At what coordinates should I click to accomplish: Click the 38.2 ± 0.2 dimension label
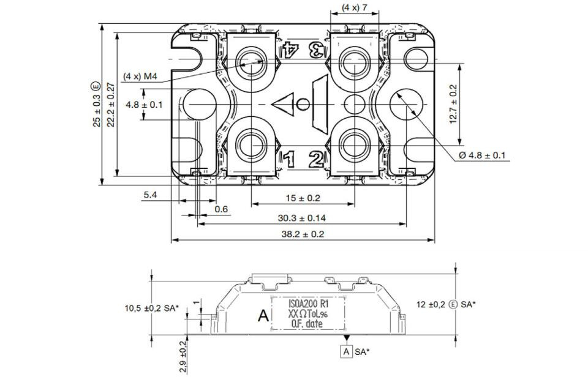(x=302, y=234)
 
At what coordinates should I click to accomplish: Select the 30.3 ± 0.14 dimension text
(x=302, y=218)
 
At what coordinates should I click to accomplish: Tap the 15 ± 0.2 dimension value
(x=303, y=198)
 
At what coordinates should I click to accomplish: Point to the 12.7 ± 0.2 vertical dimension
(x=453, y=104)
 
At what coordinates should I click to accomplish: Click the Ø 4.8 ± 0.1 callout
(x=481, y=155)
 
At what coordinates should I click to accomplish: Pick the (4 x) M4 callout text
(x=140, y=77)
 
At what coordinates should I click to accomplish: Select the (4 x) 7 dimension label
(x=355, y=7)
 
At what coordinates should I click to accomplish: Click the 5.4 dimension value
(x=151, y=195)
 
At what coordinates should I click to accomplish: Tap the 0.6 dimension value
(x=221, y=209)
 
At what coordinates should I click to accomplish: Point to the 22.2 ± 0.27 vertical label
(x=111, y=105)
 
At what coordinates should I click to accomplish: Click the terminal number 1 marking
(x=288, y=159)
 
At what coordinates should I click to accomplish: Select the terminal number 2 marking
(x=316, y=159)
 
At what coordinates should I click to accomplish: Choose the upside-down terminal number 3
(x=317, y=49)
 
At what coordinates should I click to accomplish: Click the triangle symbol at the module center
(x=283, y=104)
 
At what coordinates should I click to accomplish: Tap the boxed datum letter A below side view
(x=347, y=351)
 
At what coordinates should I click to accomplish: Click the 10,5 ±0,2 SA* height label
(x=152, y=308)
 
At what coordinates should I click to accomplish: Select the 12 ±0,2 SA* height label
(x=446, y=304)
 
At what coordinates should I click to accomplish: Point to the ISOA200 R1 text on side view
(x=308, y=304)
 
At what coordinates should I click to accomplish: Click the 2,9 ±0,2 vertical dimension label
(x=183, y=357)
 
